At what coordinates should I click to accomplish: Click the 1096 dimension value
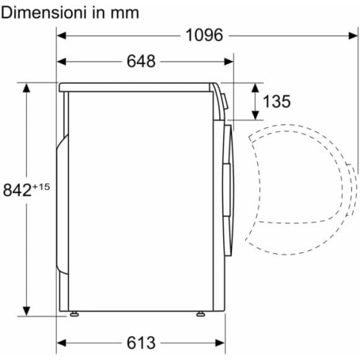[204, 35]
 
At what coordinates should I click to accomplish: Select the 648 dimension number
[141, 62]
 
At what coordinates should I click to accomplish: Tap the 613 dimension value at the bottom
[141, 343]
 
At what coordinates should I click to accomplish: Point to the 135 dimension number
[277, 101]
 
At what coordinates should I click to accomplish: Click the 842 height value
[17, 190]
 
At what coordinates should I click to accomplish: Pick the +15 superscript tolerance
[41, 187]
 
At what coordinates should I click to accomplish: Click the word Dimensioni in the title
[44, 13]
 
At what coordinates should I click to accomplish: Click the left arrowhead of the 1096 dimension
[61, 36]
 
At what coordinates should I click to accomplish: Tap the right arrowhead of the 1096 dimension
[354, 36]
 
